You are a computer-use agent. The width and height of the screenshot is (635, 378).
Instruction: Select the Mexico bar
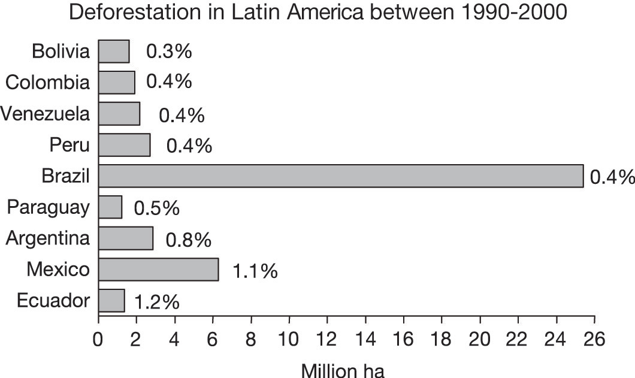coord(158,270)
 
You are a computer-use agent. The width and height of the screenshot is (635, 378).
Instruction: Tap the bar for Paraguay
coord(110,207)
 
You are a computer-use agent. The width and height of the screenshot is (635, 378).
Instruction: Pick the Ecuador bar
coord(111,301)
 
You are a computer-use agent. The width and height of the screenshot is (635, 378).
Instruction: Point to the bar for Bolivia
coord(114,52)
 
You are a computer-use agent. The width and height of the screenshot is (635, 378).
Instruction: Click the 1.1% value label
coord(255,271)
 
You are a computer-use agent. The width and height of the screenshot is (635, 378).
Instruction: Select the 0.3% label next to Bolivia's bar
coord(169,52)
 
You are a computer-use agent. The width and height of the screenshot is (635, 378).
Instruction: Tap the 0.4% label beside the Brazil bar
coord(612,177)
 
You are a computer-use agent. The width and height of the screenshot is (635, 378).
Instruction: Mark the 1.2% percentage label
coord(157,302)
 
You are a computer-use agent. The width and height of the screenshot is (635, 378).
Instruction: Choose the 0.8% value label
coord(189,240)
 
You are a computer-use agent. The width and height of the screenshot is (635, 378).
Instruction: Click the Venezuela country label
coord(46,113)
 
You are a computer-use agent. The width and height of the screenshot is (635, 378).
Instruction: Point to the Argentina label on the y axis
coord(48,238)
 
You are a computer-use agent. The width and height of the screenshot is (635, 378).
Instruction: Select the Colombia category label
coord(48,83)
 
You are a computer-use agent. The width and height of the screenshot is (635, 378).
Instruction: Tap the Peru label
coord(71,144)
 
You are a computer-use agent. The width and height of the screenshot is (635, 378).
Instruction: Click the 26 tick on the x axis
coord(594,339)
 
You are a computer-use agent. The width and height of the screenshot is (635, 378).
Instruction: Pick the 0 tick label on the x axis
coord(99,339)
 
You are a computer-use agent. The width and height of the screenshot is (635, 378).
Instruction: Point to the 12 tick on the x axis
coord(327,339)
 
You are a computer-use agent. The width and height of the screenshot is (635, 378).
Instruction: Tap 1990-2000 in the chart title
coord(507,13)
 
